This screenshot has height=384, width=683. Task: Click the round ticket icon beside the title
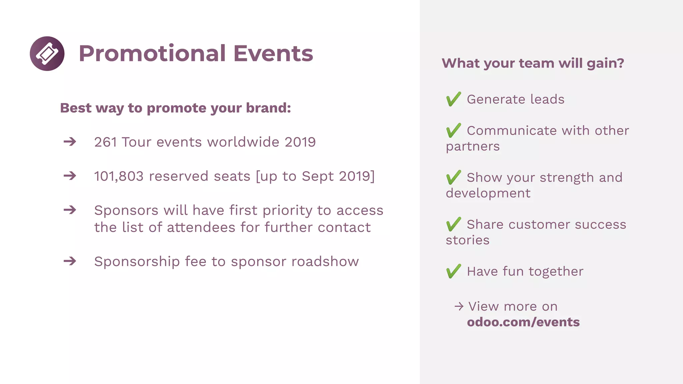(x=47, y=53)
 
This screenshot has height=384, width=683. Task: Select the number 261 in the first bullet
(x=105, y=142)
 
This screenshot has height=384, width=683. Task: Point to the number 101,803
(x=119, y=176)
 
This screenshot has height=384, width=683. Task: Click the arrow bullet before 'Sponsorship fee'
(x=70, y=261)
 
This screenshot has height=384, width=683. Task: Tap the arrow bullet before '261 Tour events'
(x=70, y=142)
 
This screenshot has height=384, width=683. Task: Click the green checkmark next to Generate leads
(x=454, y=99)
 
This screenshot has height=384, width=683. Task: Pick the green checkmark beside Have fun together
(x=454, y=271)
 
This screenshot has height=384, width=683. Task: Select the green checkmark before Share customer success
(x=454, y=224)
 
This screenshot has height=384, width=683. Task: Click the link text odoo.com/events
(x=523, y=322)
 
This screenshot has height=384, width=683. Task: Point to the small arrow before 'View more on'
(x=459, y=306)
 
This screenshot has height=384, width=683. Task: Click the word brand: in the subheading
(x=268, y=108)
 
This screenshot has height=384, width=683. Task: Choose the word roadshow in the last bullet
(x=325, y=262)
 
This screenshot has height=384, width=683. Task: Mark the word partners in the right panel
(x=473, y=147)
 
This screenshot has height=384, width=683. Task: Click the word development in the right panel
(x=488, y=193)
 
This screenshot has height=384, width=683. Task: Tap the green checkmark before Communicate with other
(x=454, y=130)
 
